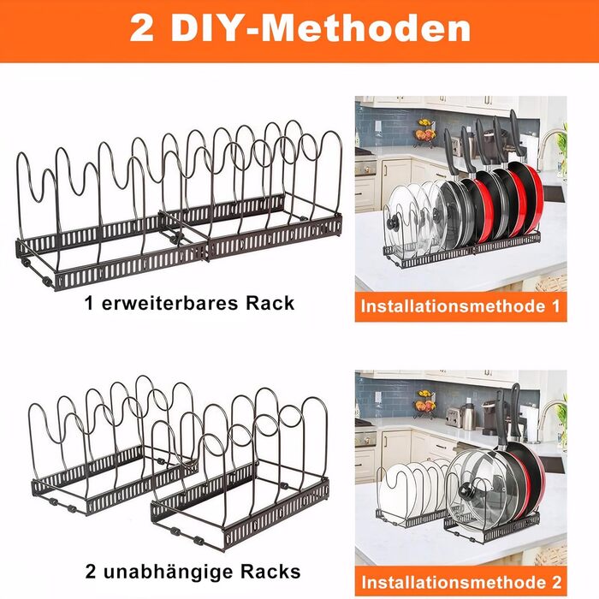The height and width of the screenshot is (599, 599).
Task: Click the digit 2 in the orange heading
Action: [142, 28]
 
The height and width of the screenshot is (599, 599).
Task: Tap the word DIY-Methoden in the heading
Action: [321, 28]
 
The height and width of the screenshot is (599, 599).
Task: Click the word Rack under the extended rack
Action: [270, 304]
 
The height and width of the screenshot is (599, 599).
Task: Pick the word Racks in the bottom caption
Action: [270, 572]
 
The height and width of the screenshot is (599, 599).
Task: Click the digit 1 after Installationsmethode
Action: [555, 306]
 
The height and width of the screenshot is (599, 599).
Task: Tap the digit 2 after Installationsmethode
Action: [556, 582]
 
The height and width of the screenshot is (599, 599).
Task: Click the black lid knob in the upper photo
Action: [393, 223]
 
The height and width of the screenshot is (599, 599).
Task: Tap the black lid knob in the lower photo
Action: [466, 491]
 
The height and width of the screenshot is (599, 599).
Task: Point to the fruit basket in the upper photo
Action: [425, 133]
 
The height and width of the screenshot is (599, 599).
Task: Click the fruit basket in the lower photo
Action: [425, 405]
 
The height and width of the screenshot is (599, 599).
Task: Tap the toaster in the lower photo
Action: [453, 418]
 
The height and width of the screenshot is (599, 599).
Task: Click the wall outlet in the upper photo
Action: [378, 126]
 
